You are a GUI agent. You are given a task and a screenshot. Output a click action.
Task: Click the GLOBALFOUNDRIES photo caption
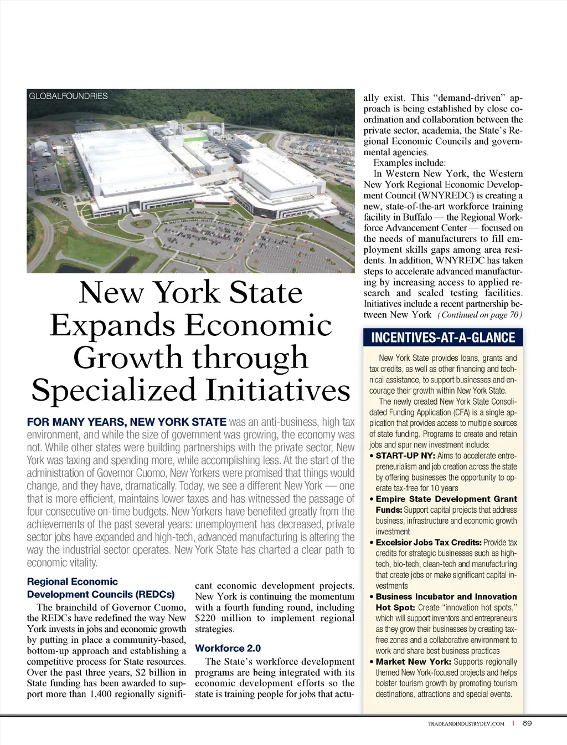click(68, 96)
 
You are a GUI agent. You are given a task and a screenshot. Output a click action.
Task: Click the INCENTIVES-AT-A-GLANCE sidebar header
click(443, 338)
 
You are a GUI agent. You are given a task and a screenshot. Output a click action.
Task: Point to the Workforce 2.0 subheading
click(228, 648)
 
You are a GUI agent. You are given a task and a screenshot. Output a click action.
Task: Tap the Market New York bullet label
click(413, 661)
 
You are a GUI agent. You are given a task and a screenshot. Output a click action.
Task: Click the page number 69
click(527, 723)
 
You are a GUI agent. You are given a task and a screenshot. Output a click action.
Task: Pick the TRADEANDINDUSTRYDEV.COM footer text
click(466, 724)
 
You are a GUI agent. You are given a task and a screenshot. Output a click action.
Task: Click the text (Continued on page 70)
click(480, 315)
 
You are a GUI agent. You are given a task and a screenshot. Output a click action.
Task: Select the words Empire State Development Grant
click(446, 499)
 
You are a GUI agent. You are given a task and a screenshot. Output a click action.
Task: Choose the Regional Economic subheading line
click(73, 581)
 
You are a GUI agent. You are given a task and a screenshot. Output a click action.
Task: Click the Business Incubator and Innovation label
click(446, 596)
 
